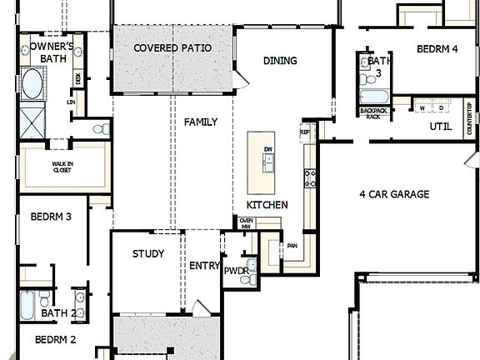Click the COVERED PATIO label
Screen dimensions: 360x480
coord(172,48)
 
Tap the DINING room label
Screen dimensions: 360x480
coord(280,61)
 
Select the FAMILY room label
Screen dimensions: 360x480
coord(201,122)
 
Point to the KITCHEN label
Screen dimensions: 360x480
coord(267,205)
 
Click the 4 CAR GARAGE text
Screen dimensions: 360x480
coord(394,194)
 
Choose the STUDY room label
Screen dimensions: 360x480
coord(148,254)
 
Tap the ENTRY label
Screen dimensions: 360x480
coord(205,266)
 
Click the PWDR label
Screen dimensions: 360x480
coord(233,270)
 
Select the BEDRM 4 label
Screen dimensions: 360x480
coord(437,49)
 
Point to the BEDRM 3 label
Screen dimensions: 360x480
coord(51,217)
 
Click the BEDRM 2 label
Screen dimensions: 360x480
coord(56,339)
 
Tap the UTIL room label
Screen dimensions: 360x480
coord(441,127)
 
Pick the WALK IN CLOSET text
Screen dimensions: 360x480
coord(62,167)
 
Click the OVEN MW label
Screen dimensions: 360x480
coord(246,222)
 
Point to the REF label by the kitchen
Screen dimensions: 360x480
coord(305,132)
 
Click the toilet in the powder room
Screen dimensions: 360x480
coord(247,279)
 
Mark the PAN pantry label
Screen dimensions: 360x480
coord(292,246)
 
